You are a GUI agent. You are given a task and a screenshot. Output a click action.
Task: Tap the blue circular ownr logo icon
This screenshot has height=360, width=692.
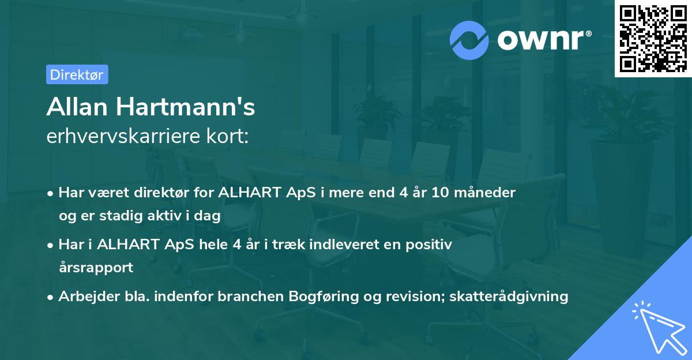(x=469, y=39)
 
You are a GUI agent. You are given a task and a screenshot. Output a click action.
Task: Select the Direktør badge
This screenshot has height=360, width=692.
(x=77, y=74)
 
